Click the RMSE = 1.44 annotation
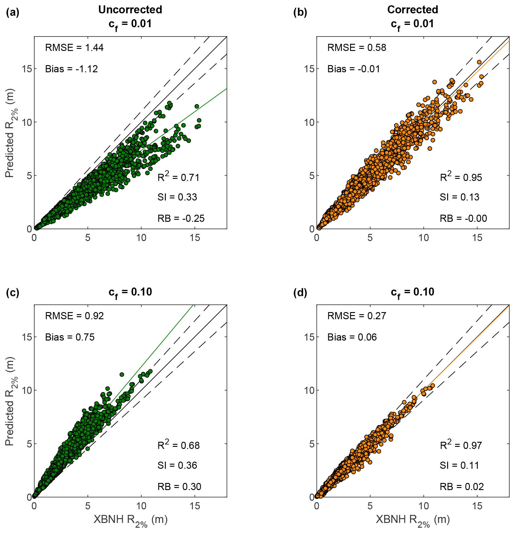click(74, 48)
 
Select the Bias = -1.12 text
click(71, 69)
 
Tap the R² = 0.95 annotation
click(461, 177)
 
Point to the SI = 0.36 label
click(177, 465)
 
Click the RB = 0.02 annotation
click(461, 487)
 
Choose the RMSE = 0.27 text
click(356, 316)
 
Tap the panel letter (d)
click(300, 293)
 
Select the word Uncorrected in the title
click(130, 10)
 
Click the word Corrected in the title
click(412, 10)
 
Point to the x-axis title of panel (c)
click(130, 520)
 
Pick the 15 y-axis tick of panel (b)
click(309, 69)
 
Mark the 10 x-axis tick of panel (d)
click(424, 506)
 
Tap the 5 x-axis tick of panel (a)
click(88, 238)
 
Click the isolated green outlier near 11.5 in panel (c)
click(122, 375)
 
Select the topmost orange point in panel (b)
click(479, 62)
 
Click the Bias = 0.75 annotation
click(70, 337)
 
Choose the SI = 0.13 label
click(459, 197)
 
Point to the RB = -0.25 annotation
click(181, 219)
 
